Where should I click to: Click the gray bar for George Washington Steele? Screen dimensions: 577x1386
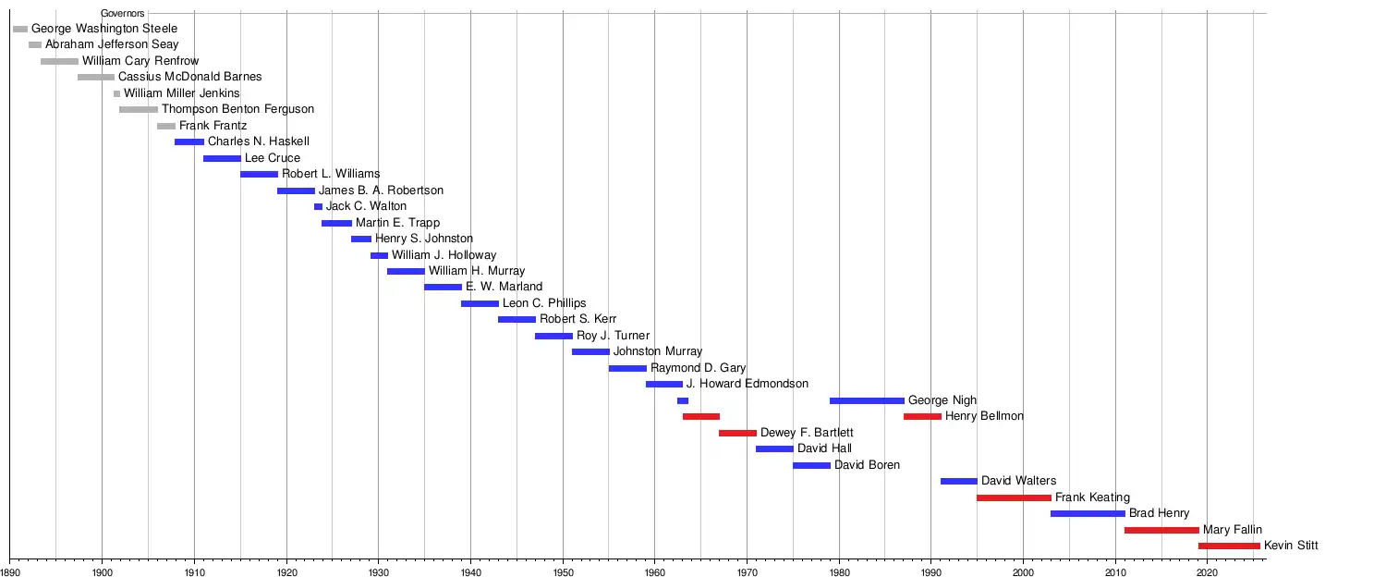click(20, 30)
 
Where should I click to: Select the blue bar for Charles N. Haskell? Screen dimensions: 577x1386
click(189, 141)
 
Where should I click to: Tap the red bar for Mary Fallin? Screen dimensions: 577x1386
click(1161, 530)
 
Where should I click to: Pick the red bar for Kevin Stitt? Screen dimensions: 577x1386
click(1229, 546)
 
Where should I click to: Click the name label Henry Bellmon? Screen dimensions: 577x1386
click(984, 416)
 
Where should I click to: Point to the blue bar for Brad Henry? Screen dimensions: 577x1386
click(1088, 513)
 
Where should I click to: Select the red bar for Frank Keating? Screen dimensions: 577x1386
click(1014, 497)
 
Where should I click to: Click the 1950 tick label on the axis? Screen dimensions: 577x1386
click(563, 572)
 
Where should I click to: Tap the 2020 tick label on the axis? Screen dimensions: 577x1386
click(1208, 572)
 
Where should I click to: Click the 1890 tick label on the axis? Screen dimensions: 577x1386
click(10, 572)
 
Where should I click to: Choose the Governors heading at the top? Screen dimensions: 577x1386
click(123, 14)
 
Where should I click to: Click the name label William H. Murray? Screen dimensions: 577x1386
click(477, 271)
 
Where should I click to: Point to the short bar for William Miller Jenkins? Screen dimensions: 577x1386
click(116, 93)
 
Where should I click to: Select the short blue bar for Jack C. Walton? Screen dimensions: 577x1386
click(318, 206)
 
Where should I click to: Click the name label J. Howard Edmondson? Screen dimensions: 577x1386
click(748, 384)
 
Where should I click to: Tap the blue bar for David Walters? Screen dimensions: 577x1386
click(958, 481)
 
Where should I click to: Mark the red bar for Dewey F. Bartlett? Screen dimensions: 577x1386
click(737, 433)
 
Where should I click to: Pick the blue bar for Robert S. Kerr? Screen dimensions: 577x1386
click(517, 319)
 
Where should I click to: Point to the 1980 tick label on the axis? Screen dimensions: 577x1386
click(839, 572)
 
